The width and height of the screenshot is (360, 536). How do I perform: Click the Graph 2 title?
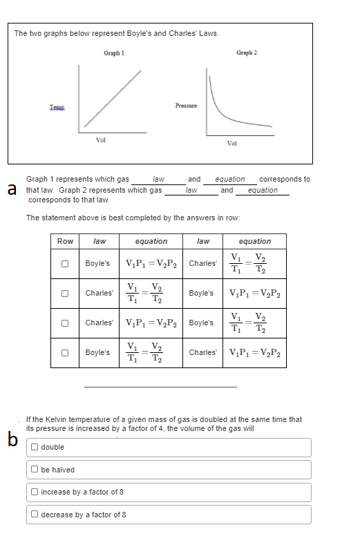(246, 52)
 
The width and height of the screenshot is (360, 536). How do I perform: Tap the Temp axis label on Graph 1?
(58, 104)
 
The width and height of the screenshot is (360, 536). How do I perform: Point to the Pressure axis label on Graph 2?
(187, 104)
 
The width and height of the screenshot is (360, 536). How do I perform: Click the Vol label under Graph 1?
(100, 141)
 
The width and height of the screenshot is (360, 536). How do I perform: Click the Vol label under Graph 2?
(232, 143)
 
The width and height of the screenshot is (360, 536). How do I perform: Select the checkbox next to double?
(35, 447)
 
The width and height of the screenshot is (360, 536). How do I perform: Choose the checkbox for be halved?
(35, 470)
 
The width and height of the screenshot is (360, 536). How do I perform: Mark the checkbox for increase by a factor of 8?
(35, 492)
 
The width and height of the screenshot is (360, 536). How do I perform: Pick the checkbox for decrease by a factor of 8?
(35, 515)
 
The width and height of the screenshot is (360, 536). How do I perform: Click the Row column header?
(65, 241)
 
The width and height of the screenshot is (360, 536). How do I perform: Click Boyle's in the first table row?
(97, 263)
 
